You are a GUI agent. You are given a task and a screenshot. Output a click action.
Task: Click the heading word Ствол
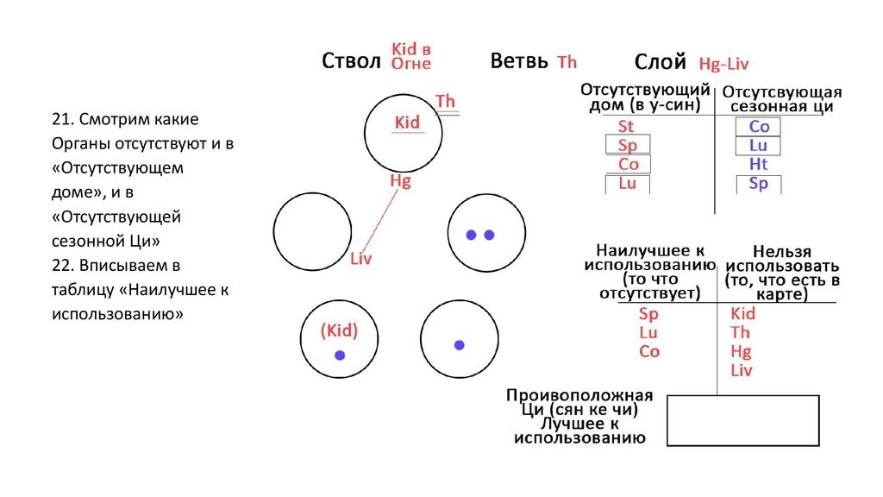coord(350,61)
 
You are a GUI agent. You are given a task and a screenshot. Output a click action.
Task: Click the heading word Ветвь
coord(519,61)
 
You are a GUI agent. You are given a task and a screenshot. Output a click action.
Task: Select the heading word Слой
coord(660,61)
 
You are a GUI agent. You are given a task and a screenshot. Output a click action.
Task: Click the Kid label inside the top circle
coord(407,123)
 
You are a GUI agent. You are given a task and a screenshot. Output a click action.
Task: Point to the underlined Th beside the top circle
coord(446,102)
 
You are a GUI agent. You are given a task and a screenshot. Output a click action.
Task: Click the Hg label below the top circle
coord(400,180)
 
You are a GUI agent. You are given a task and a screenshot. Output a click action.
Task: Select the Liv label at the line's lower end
coord(361,258)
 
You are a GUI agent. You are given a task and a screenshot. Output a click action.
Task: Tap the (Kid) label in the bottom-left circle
coord(338,330)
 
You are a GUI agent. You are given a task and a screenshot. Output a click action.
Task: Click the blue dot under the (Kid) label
coord(340,355)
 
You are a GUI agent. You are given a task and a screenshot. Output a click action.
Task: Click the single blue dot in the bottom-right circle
coord(460,345)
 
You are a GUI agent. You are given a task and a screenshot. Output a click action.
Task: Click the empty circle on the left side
coord(311,234)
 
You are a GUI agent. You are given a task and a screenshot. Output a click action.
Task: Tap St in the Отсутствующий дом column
coord(626,126)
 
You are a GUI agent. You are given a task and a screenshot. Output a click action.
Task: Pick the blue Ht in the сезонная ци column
coord(758,164)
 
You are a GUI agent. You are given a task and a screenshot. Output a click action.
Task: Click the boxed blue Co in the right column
coord(758,127)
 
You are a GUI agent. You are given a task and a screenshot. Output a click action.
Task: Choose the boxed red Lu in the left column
coord(627,183)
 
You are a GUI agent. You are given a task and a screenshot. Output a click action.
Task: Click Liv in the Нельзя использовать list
coord(741,371)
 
